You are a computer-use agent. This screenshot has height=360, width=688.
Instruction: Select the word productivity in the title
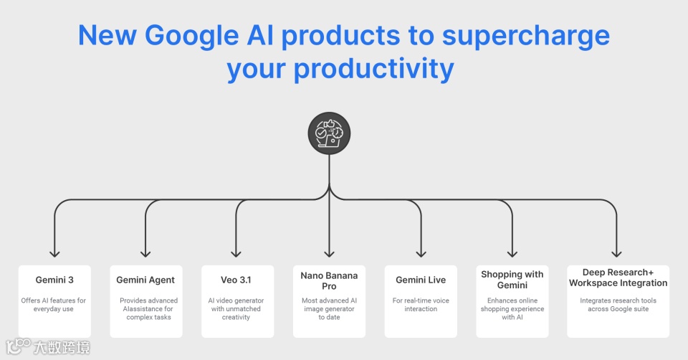tap(373, 69)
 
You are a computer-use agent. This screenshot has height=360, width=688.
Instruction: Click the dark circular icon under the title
tap(329, 134)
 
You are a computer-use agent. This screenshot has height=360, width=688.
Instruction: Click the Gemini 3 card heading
tap(54, 280)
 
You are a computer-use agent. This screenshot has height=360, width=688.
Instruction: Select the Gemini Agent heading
tap(145, 280)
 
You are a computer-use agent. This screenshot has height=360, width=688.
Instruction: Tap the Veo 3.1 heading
tap(236, 280)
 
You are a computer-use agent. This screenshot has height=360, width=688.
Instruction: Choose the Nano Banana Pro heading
tap(329, 280)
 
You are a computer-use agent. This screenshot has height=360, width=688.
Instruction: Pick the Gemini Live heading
tap(421, 280)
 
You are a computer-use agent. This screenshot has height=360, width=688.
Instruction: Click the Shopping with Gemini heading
tap(512, 280)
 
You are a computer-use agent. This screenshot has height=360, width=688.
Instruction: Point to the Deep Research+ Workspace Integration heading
tap(618, 278)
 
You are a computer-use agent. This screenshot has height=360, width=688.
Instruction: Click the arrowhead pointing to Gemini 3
tap(54, 252)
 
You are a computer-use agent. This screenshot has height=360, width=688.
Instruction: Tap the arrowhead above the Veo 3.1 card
tap(236, 252)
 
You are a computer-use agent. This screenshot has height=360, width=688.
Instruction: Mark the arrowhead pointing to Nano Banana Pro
tap(329, 252)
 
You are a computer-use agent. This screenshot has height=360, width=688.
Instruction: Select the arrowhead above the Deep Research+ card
tap(616, 252)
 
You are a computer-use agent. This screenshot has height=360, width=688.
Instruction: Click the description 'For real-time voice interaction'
tap(421, 305)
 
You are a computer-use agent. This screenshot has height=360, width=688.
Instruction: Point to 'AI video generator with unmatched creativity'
tap(236, 308)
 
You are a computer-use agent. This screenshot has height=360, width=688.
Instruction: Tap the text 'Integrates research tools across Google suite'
tap(618, 305)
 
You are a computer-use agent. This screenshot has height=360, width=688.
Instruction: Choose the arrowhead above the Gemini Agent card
tap(145, 252)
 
